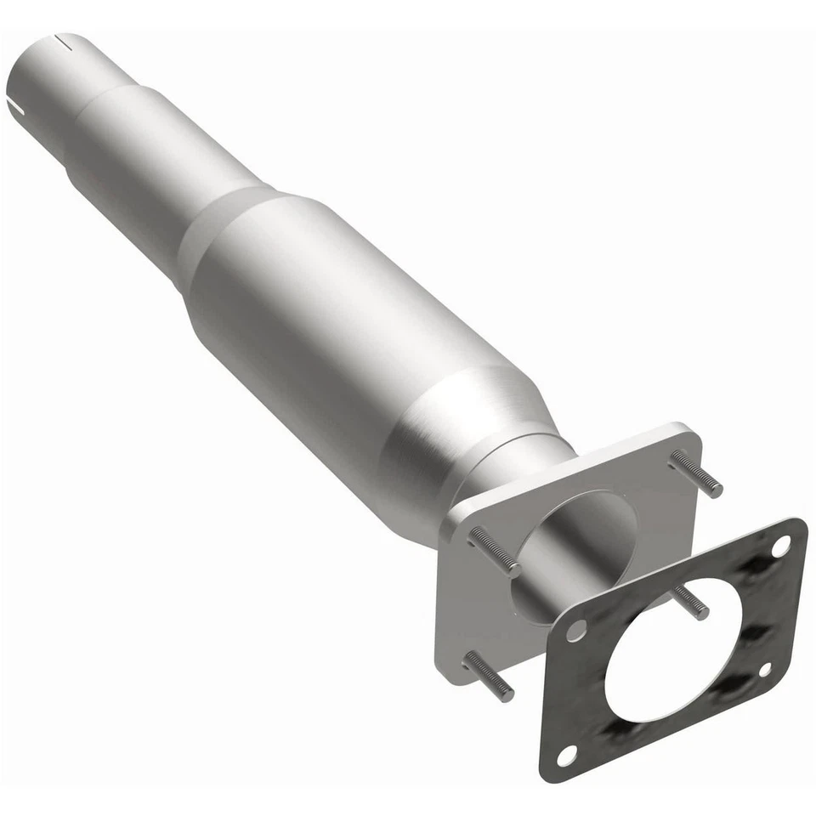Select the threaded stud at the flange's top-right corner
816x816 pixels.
pyautogui.click(x=697, y=474)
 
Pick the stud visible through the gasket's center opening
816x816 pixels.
pyautogui.click(x=690, y=602)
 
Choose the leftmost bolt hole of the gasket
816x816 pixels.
pyautogui.click(x=577, y=630)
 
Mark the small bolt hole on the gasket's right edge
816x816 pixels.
pyautogui.click(x=764, y=669)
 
